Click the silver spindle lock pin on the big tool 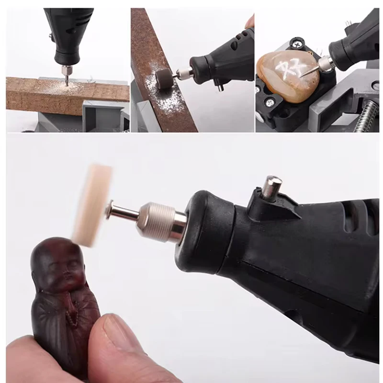(x=272, y=187)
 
